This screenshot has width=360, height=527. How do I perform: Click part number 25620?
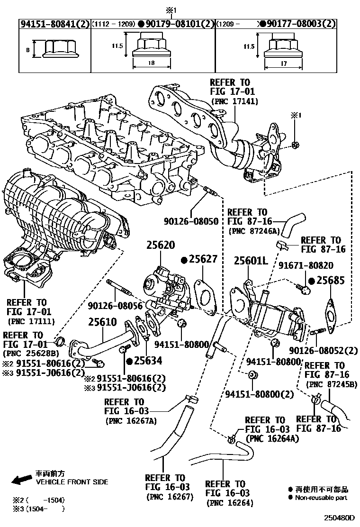[160, 246]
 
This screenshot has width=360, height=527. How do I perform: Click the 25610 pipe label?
[102, 322]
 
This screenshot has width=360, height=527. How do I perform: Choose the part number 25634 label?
[147, 361]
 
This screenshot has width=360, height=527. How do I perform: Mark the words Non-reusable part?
[321, 498]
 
